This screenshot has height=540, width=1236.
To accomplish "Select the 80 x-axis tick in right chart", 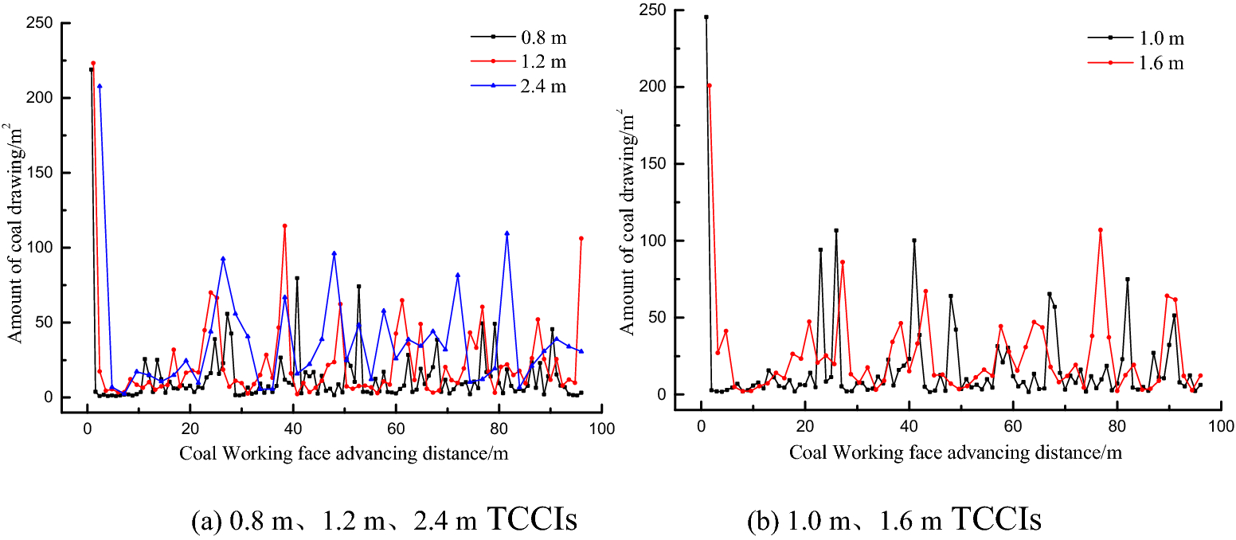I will click(x=1117, y=426).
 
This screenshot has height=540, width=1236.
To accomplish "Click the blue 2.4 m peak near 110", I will click(x=507, y=233).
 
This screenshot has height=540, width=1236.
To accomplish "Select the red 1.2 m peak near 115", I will click(x=284, y=226).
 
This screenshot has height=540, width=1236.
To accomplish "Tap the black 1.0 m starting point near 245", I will click(x=706, y=17).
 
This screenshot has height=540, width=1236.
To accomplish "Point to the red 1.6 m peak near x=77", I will click(x=1101, y=229).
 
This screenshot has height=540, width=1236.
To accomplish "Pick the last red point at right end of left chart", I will click(x=581, y=238).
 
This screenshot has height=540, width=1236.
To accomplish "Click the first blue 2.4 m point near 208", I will click(x=100, y=86).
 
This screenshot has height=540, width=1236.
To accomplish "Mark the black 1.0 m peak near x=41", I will click(x=914, y=240).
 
